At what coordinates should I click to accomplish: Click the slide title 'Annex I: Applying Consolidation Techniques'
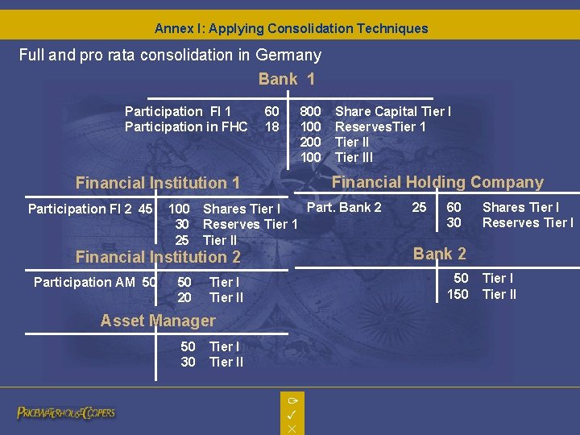pyautogui.click(x=291, y=28)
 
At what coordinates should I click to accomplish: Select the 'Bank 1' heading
pyautogui.click(x=286, y=79)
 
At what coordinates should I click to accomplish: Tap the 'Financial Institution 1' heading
pyautogui.click(x=158, y=183)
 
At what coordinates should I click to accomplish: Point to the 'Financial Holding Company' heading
pyautogui.click(x=437, y=182)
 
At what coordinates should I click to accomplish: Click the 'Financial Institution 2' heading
pyautogui.click(x=158, y=257)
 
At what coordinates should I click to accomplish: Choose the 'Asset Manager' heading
pyautogui.click(x=158, y=321)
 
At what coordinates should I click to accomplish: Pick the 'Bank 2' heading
pyautogui.click(x=439, y=254)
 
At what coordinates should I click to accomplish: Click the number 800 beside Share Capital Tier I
pyautogui.click(x=310, y=111)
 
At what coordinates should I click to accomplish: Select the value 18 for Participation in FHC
pyautogui.click(x=272, y=126)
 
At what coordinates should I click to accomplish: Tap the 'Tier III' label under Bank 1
pyautogui.click(x=354, y=157)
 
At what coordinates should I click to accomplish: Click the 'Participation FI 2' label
pyautogui.click(x=81, y=209)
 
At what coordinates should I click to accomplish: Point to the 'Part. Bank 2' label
pyautogui.click(x=345, y=207)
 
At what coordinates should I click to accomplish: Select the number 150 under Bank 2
pyautogui.click(x=458, y=294)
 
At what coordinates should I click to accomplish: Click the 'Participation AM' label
pyautogui.click(x=85, y=282)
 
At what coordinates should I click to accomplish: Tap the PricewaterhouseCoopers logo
pyautogui.click(x=66, y=412)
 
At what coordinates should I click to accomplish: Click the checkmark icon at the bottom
pyautogui.click(x=292, y=414)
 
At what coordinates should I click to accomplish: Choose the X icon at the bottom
pyautogui.click(x=292, y=429)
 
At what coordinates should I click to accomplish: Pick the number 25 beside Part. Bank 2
pyautogui.click(x=419, y=207)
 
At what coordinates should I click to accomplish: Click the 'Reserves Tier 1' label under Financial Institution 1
pyautogui.click(x=250, y=224)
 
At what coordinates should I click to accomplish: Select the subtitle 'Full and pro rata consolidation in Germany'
pyautogui.click(x=170, y=56)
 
